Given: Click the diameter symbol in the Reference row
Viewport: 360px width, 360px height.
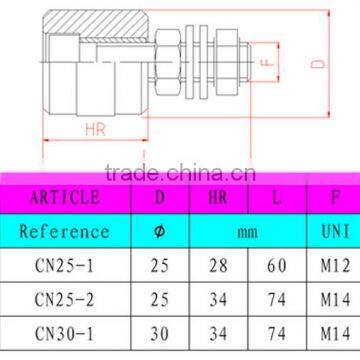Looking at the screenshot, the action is [x=160, y=231].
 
